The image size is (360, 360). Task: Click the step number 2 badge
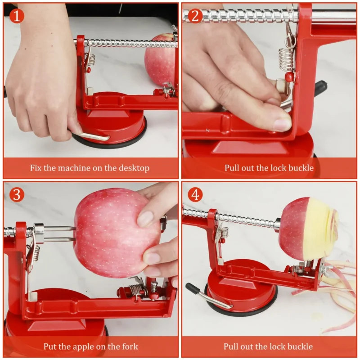(x=194, y=16)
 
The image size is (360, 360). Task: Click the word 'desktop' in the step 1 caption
(x=134, y=168)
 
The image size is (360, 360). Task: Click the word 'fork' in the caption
(x=130, y=346)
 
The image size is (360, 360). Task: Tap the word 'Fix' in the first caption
(x=36, y=168)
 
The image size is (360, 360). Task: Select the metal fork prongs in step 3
(x=58, y=234)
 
